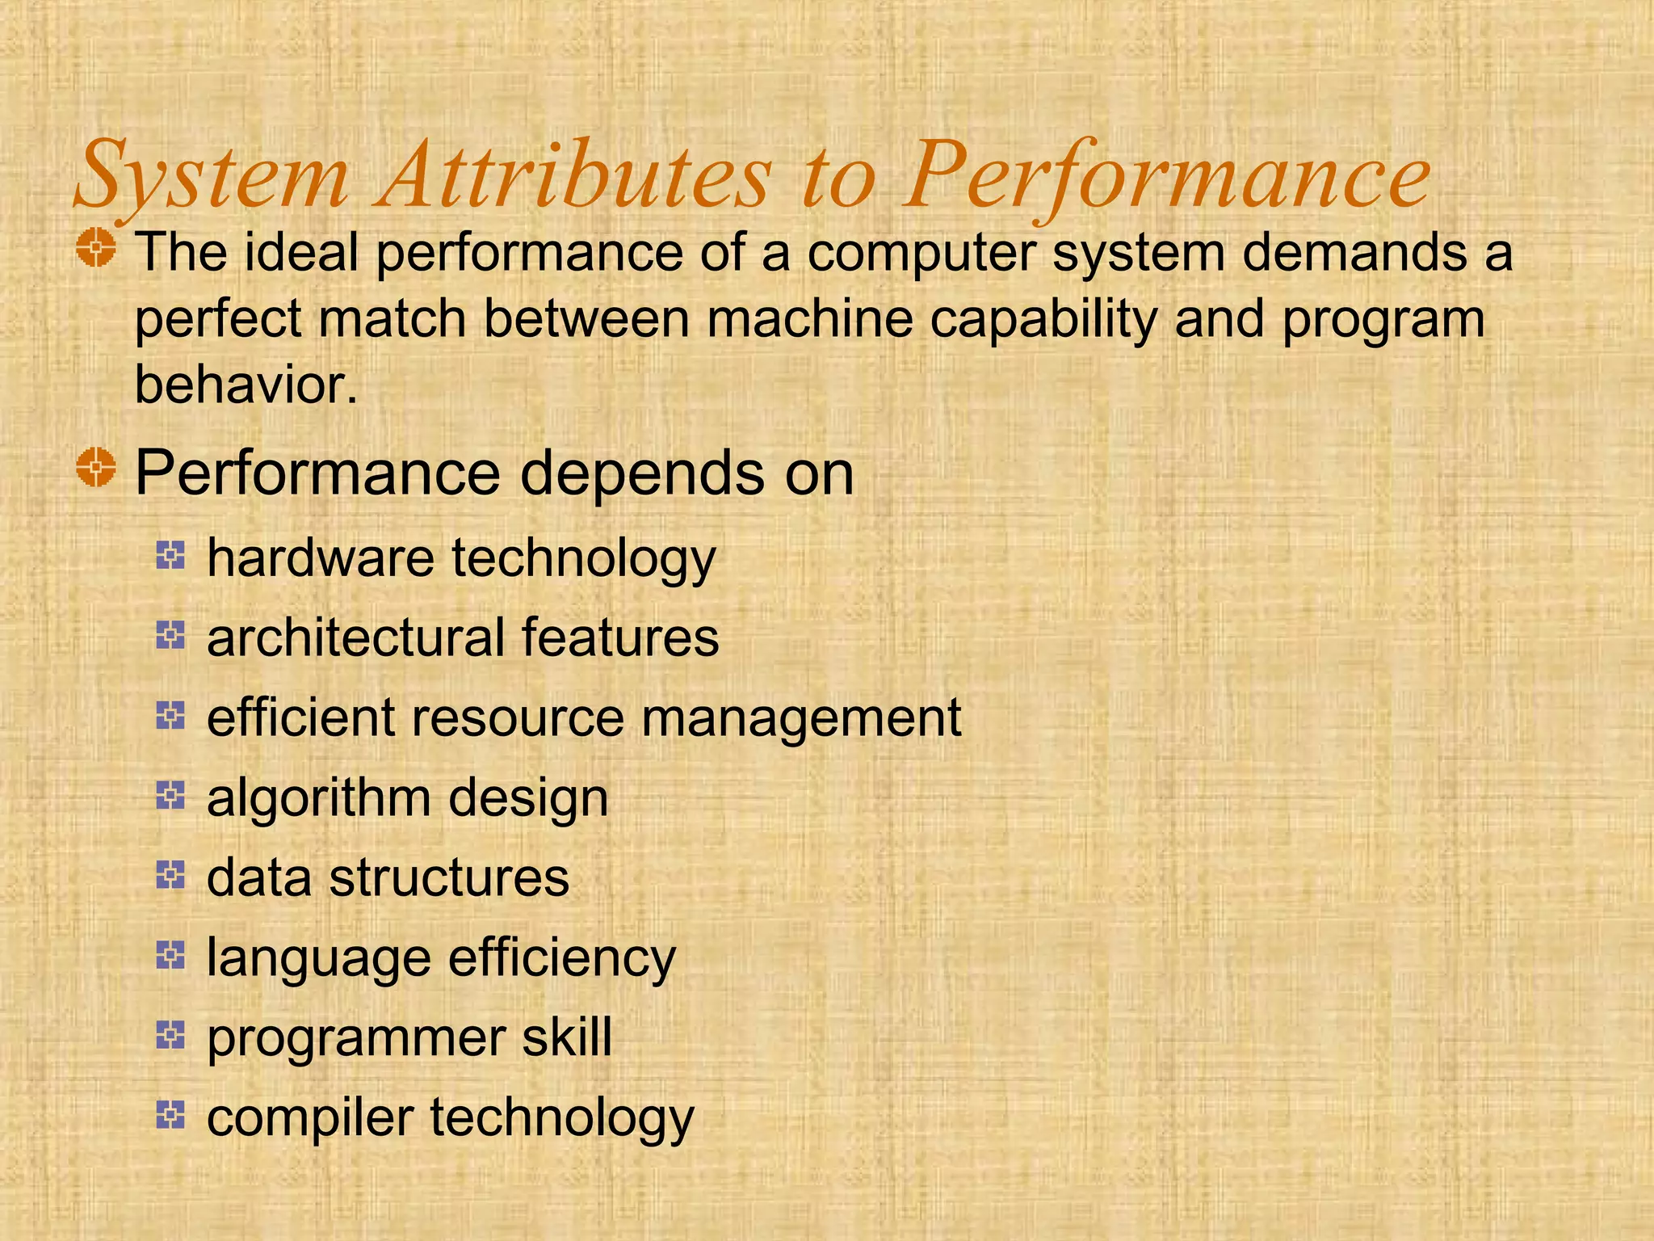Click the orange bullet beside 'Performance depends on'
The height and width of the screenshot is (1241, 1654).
97,468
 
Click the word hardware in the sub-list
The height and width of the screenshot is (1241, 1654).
321,558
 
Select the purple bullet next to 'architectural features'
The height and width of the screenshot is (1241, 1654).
171,635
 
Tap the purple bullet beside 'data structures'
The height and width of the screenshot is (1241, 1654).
171,874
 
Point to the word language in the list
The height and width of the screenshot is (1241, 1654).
319,959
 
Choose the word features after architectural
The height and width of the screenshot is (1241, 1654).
620,637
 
